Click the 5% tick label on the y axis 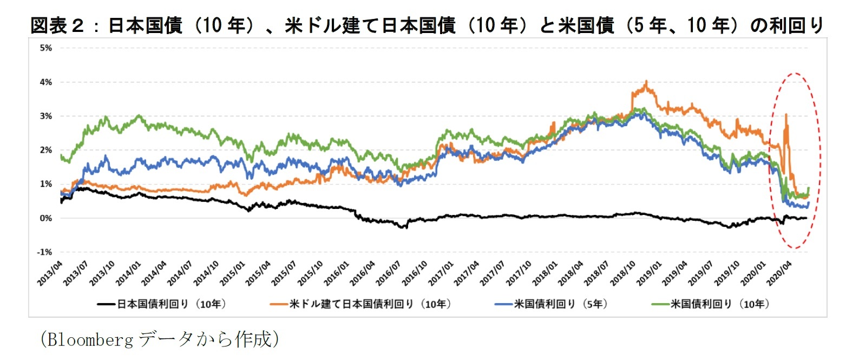pos(46,48)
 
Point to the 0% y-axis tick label pos(46,218)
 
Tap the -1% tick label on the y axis pos(44,252)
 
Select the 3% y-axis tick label pos(46,116)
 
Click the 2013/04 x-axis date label pos(50,273)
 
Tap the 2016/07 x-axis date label pos(389,273)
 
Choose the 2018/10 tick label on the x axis pos(623,273)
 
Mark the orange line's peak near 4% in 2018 pos(646,82)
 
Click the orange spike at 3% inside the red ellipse pos(786,114)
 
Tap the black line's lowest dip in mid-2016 pos(404,228)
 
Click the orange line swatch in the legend pos(279,304)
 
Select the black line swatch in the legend pos(107,304)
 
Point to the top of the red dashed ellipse pos(795,73)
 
